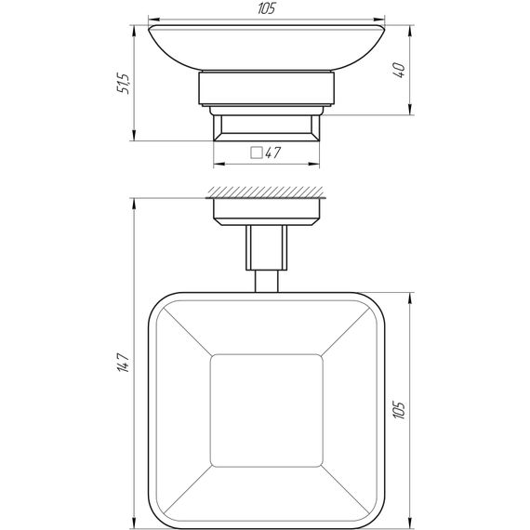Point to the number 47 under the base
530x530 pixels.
point(272,154)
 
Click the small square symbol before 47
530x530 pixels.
point(257,154)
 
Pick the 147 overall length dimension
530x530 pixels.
point(118,364)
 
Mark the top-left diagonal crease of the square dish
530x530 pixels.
point(182,328)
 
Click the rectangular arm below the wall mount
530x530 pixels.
point(266,248)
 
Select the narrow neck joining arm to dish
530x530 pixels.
point(266,281)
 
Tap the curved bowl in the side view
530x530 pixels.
point(266,48)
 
